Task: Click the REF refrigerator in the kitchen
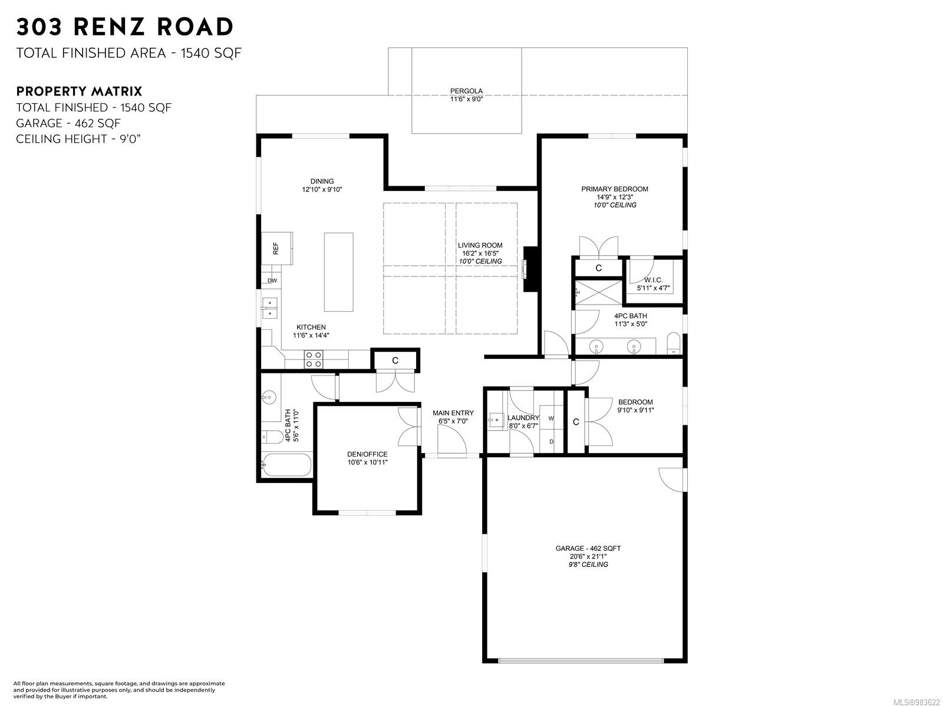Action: point(277,249)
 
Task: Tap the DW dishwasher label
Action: point(272,281)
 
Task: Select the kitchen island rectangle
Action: point(338,272)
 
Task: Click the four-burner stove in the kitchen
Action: point(313,360)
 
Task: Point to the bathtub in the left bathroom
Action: point(286,465)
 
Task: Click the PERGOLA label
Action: point(466,91)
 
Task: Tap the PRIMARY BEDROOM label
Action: point(614,189)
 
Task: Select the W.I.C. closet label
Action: point(653,280)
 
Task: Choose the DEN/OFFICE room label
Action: point(367,454)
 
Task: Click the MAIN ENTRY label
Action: point(453,413)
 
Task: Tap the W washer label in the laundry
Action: point(551,418)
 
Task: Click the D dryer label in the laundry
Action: point(552,442)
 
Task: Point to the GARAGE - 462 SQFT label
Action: point(588,548)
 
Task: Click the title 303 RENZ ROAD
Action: point(125,27)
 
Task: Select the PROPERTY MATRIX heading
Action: point(79,91)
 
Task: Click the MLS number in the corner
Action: point(916,702)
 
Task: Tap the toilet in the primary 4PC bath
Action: point(674,343)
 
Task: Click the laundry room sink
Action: point(496,420)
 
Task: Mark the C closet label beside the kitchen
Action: point(395,361)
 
